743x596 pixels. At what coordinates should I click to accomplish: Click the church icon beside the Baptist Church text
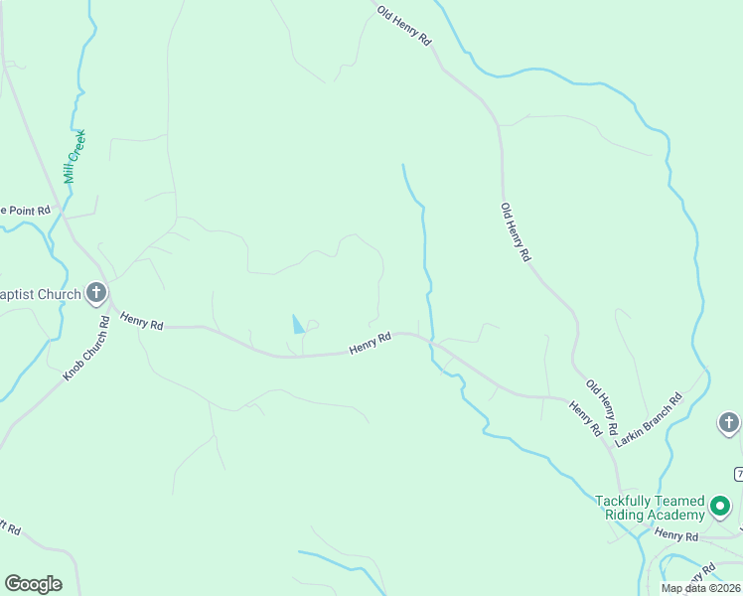click(96, 292)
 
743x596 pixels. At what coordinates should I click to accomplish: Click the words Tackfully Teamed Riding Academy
click(650, 508)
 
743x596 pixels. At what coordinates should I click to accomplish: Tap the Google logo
click(33, 584)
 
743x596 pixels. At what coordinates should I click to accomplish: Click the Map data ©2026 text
click(700, 588)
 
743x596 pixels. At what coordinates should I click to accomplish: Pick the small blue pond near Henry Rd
click(297, 324)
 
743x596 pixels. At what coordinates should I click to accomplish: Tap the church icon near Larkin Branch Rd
click(728, 424)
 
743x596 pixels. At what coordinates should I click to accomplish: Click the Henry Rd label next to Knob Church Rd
click(141, 320)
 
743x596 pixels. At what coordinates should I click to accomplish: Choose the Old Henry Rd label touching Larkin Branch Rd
click(602, 407)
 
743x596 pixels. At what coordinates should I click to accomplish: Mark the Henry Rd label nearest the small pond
click(370, 344)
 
